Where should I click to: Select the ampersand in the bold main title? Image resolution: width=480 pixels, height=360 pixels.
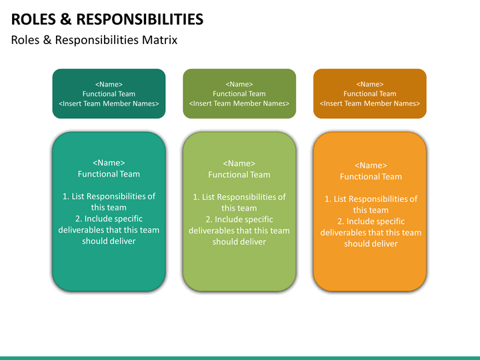[x=66, y=19]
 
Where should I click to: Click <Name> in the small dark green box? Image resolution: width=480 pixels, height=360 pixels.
[x=109, y=84]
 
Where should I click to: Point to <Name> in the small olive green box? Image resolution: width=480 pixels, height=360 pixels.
[x=239, y=84]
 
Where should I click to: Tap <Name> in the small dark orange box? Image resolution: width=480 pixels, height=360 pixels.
[x=370, y=84]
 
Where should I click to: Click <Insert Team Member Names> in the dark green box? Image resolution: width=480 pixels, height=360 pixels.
[x=109, y=103]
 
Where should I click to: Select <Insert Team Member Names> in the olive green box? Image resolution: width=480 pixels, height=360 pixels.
[x=239, y=103]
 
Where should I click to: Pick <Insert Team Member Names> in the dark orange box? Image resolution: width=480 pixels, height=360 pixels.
[x=370, y=103]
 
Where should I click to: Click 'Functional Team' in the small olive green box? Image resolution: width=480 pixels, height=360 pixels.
[x=239, y=94]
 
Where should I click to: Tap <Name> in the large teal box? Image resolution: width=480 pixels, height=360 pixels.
[x=109, y=163]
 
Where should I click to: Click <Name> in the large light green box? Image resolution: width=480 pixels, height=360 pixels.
[x=239, y=163]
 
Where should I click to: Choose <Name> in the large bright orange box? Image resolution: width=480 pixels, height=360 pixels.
[x=371, y=165]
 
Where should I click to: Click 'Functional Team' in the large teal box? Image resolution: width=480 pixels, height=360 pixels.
[x=109, y=174]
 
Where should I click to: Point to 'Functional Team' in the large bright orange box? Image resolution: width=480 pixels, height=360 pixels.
[x=371, y=177]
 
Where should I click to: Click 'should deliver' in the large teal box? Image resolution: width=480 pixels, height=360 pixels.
[x=109, y=241]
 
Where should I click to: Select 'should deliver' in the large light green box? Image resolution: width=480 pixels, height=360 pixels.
[x=239, y=241]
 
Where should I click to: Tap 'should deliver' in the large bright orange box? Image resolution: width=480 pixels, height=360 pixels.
[x=371, y=244]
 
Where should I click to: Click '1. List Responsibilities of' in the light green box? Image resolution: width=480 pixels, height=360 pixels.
[x=239, y=197]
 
